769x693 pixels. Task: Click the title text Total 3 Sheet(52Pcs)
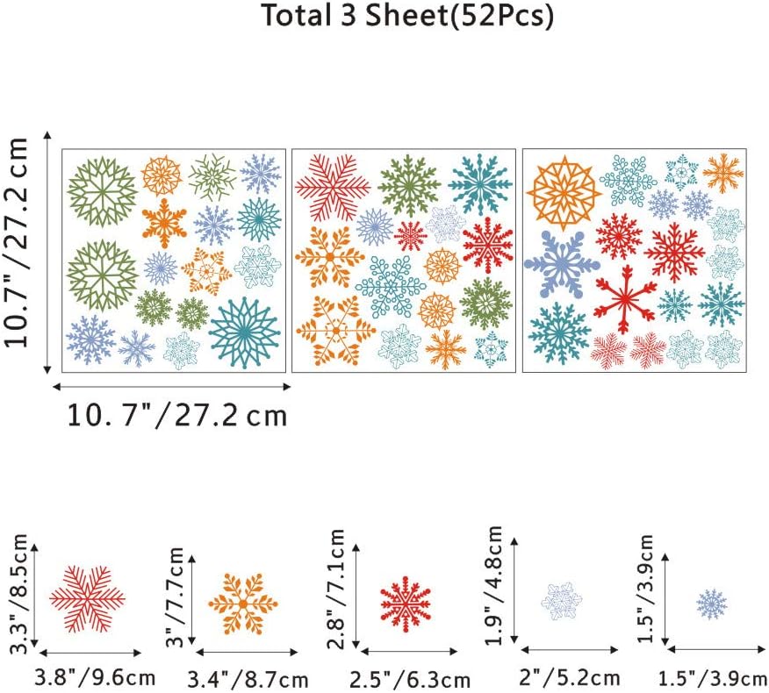(407, 16)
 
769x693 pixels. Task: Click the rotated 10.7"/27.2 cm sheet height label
(15, 243)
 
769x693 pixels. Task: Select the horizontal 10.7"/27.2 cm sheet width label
(176, 416)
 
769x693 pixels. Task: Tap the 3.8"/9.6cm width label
(95, 678)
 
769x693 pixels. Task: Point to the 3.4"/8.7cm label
(248, 680)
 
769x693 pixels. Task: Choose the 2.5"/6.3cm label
(409, 680)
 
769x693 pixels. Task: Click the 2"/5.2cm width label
(570, 678)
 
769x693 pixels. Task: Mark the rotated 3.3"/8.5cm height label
(19, 594)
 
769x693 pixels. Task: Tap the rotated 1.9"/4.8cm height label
(494, 585)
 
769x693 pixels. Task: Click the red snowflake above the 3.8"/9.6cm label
(87, 599)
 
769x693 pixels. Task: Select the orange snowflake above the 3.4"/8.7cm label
(243, 604)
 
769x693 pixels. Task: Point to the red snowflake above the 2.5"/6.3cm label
(406, 604)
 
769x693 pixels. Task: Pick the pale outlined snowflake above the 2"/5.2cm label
(562, 600)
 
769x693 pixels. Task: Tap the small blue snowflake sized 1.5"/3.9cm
(712, 604)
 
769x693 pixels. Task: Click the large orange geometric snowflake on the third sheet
(564, 194)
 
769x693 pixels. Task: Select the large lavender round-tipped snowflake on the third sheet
(562, 265)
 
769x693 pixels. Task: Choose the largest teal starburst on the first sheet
(244, 332)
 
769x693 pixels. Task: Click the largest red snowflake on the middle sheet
(333, 187)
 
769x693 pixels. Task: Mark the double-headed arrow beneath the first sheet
(172, 387)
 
